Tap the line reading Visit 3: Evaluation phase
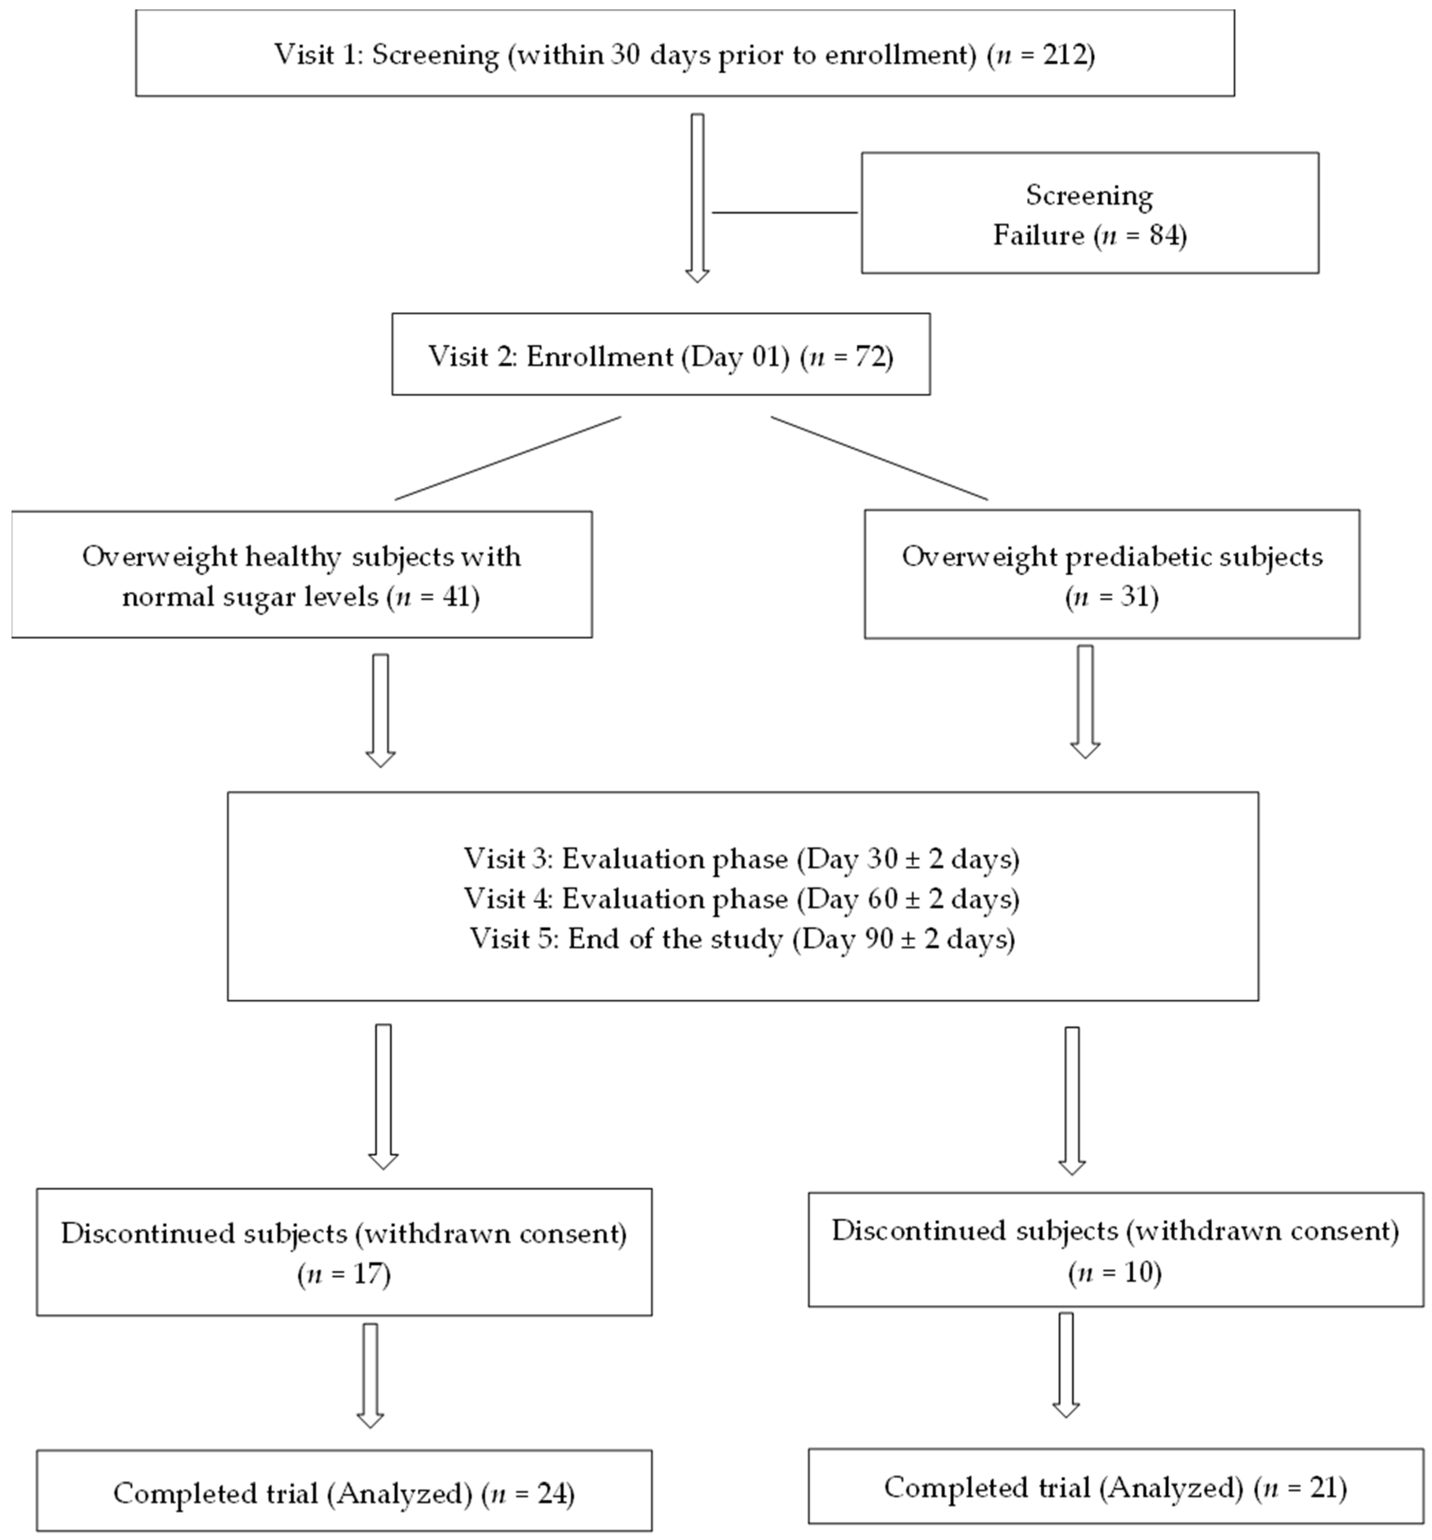click(741, 858)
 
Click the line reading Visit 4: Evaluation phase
click(741, 898)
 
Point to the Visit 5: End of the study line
click(741, 939)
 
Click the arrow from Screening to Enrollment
click(697, 197)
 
